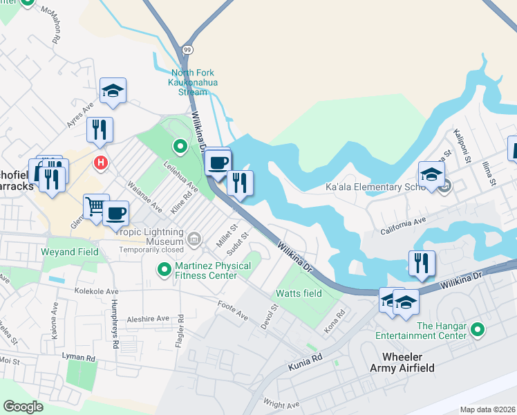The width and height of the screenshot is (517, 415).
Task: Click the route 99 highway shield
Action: [187, 49]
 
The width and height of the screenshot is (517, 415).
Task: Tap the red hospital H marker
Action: [101, 163]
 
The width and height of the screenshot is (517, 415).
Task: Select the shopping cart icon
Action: [96, 205]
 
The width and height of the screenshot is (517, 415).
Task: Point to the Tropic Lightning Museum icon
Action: [195, 241]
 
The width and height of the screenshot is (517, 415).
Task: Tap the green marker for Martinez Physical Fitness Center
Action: [164, 268]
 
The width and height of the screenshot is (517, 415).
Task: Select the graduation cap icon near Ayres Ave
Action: [113, 91]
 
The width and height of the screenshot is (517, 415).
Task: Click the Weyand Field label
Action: [70, 252]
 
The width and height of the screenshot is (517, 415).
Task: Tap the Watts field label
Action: [299, 293]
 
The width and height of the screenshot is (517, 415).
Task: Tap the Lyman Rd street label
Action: [81, 358]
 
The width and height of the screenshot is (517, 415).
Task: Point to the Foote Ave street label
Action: [232, 311]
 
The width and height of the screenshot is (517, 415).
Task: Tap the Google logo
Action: [23, 406]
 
